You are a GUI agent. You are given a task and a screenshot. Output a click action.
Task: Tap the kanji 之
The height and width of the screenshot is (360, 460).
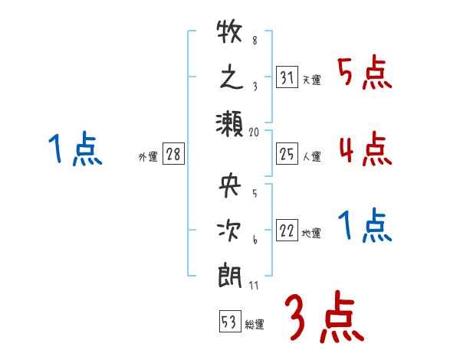click(x=230, y=79)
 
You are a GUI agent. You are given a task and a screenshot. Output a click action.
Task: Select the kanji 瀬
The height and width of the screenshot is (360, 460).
click(x=230, y=123)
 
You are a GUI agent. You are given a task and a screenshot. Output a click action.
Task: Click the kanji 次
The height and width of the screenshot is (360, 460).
click(x=230, y=231)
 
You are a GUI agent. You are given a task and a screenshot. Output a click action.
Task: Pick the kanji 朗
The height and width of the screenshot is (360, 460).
click(x=230, y=275)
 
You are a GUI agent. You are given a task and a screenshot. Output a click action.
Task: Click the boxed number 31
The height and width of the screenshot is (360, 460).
click(x=287, y=77)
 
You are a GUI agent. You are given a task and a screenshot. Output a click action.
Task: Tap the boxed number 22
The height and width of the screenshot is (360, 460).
click(x=287, y=231)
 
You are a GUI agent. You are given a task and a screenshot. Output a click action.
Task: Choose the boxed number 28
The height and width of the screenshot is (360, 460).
click(x=173, y=155)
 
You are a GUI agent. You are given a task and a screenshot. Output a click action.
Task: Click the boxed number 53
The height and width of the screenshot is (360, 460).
click(x=229, y=322)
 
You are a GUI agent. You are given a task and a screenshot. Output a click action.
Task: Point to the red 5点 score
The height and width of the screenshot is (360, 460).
click(x=365, y=74)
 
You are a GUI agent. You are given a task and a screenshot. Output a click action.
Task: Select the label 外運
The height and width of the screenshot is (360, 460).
click(x=148, y=157)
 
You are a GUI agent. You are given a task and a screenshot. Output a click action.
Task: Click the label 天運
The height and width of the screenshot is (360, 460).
click(x=311, y=80)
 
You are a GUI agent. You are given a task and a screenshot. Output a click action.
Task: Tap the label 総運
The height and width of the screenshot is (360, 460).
click(x=254, y=325)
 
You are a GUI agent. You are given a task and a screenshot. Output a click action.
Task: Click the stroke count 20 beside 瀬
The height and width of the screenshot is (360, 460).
click(x=255, y=132)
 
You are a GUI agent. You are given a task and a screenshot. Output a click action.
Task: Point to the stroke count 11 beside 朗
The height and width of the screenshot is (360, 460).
click(x=255, y=285)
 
